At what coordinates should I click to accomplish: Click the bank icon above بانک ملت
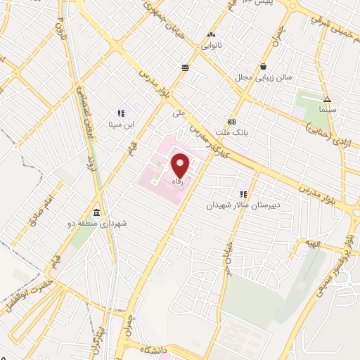click(232, 121)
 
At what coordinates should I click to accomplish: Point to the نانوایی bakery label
click(213, 44)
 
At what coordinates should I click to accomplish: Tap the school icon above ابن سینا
click(120, 112)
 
